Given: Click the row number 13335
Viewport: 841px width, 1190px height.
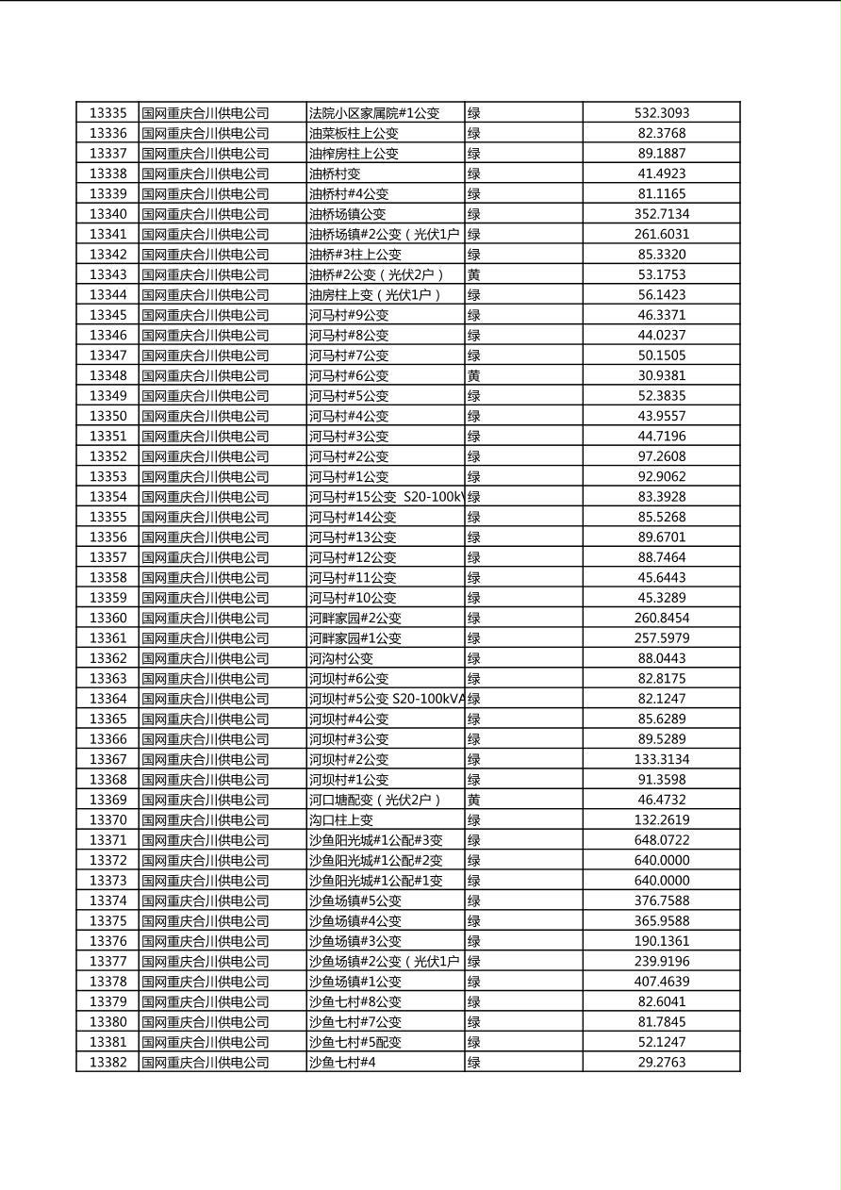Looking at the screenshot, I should pos(107,113).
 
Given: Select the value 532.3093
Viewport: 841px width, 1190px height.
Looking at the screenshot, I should pos(661,113).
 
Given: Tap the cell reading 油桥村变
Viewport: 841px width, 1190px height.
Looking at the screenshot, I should pos(335,174).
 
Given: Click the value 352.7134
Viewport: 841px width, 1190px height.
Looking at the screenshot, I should pos(661,214).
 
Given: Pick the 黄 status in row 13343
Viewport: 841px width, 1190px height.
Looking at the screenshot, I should pos(474,274).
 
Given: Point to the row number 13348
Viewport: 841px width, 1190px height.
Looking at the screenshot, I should pos(107,375).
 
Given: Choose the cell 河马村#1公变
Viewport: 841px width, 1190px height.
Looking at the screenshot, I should pos(349,476).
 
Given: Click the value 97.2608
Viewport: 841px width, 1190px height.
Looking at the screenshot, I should pos(661,456).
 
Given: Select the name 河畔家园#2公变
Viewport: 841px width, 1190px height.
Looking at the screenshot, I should pos(355,618).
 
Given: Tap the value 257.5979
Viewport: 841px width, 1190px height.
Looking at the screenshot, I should pos(661,638).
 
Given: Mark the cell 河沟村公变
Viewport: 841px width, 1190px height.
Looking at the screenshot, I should pos(341,658).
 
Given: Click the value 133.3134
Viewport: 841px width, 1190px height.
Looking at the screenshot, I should pos(661,759).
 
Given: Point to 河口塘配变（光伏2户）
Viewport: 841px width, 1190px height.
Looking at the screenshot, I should pos(375,800).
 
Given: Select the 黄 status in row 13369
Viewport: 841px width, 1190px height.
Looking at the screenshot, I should pos(474,800).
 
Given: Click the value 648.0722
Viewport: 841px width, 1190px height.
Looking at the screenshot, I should pos(661,840).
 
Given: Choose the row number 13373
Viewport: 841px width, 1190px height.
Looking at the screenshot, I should pos(107,881).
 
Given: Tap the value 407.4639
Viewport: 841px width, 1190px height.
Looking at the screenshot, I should pos(661,982).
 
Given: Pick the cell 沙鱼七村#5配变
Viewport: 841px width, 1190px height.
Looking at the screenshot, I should pos(355,1042).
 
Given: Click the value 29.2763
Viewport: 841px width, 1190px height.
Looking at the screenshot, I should pos(661,1062).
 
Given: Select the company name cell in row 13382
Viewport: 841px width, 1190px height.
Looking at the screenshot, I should pos(206,1062).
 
